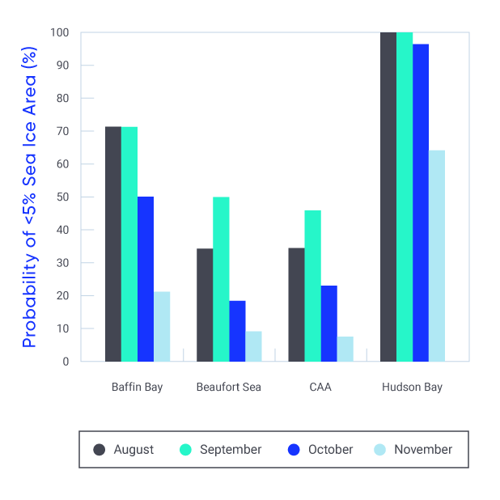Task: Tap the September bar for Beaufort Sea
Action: (x=221, y=279)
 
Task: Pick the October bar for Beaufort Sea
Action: (x=237, y=331)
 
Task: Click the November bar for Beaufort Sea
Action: (x=253, y=346)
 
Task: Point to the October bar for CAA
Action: (x=328, y=324)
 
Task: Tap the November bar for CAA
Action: (x=345, y=349)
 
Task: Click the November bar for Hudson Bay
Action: (x=437, y=256)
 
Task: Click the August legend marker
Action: (x=100, y=450)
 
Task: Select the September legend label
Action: (x=231, y=450)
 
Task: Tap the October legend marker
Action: (x=294, y=450)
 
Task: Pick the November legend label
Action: (x=423, y=450)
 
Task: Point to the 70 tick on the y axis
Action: (x=63, y=131)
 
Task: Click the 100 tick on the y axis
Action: (x=60, y=32)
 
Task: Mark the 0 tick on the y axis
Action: (x=66, y=362)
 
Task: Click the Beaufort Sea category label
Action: (x=229, y=388)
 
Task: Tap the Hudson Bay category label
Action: (x=412, y=388)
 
